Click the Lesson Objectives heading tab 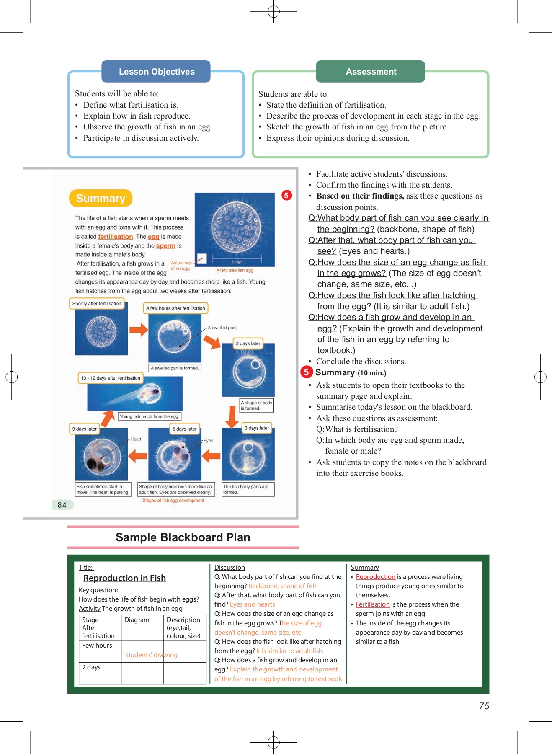pyautogui.click(x=156, y=72)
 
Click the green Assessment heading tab pyautogui.click(x=371, y=72)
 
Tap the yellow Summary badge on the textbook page pyautogui.click(x=101, y=198)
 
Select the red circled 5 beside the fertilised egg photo pyautogui.click(x=286, y=195)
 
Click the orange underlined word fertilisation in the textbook pyautogui.click(x=115, y=237)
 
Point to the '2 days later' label pyautogui.click(x=248, y=343)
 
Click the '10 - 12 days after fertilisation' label pyautogui.click(x=111, y=378)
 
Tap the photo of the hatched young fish pyautogui.click(x=135, y=394)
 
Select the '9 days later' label pyautogui.click(x=84, y=429)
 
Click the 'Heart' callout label pyautogui.click(x=136, y=439)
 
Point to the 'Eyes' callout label pyautogui.click(x=208, y=441)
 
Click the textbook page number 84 pyautogui.click(x=62, y=505)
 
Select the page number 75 pyautogui.click(x=484, y=706)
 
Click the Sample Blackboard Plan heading pyautogui.click(x=183, y=537)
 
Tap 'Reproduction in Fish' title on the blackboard pyautogui.click(x=124, y=578)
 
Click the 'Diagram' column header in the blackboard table pyautogui.click(x=137, y=620)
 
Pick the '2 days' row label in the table pyautogui.click(x=91, y=667)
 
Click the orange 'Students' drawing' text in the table pyautogui.click(x=151, y=655)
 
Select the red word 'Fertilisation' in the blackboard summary pyautogui.click(x=372, y=604)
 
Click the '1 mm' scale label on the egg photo pyautogui.click(x=237, y=262)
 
